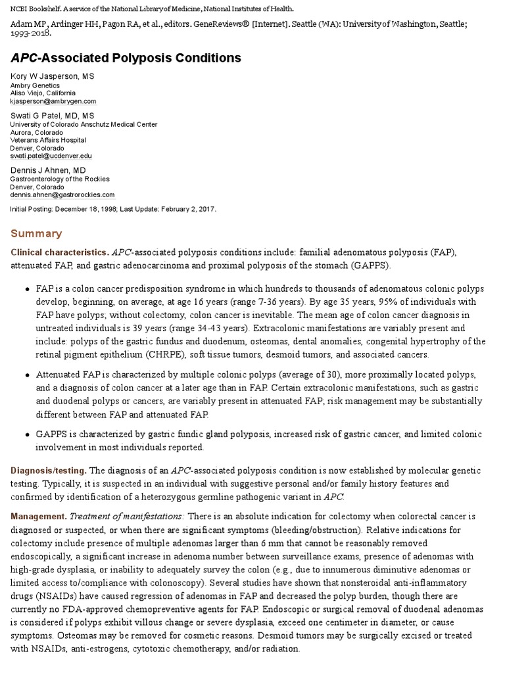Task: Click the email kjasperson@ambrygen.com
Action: click(53, 101)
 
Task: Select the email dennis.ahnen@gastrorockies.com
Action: click(62, 195)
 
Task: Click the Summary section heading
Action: click(36, 233)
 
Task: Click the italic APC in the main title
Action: click(26, 58)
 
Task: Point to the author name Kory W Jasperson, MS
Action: click(53, 76)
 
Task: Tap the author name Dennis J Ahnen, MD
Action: click(48, 170)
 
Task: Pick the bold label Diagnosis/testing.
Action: click(48, 470)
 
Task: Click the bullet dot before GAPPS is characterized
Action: click(26, 435)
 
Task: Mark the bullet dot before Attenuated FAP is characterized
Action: click(26, 375)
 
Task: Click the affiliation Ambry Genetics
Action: click(35, 85)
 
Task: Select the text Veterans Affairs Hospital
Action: click(48, 140)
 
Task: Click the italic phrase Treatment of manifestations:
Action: click(120, 517)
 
